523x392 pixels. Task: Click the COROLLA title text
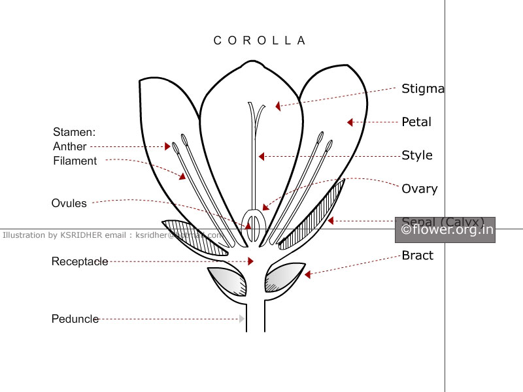[260, 41]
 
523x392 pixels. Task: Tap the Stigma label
[422, 89]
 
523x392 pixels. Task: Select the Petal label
[416, 122]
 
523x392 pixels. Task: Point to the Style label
[417, 155]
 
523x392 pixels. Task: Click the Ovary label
[419, 189]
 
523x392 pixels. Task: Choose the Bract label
[417, 255]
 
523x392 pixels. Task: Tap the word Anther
[70, 146]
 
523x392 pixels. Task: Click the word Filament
[75, 161]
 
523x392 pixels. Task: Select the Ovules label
[69, 203]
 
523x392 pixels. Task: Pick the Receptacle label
[80, 262]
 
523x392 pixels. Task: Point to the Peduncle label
[75, 319]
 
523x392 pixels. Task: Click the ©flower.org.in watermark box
[447, 230]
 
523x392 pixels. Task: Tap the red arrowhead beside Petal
[350, 122]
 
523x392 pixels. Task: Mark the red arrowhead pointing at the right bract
[307, 275]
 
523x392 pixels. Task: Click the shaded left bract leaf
[228, 282]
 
